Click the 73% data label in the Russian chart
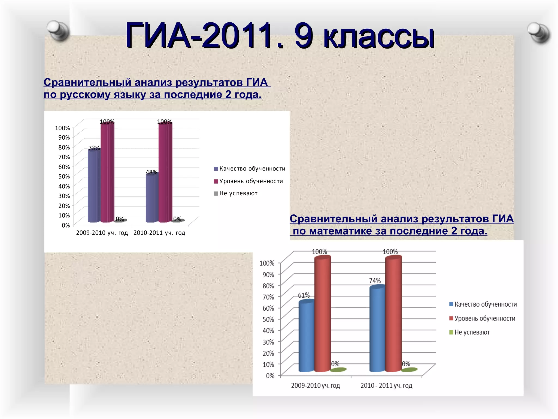click(x=94, y=148)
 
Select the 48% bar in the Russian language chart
click(x=151, y=198)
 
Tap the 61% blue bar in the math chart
click(x=306, y=337)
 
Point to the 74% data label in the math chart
click(x=375, y=281)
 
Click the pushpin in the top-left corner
click(x=58, y=30)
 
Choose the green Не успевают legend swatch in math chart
click(x=451, y=332)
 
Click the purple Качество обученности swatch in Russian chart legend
click(x=216, y=169)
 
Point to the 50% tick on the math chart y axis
click(x=268, y=319)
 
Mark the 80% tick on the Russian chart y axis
click(x=64, y=147)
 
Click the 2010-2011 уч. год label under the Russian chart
click(x=159, y=233)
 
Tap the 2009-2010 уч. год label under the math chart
click(x=316, y=385)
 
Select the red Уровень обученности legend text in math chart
click(x=485, y=318)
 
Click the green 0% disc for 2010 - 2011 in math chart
click(x=409, y=370)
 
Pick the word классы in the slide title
click(x=379, y=37)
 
